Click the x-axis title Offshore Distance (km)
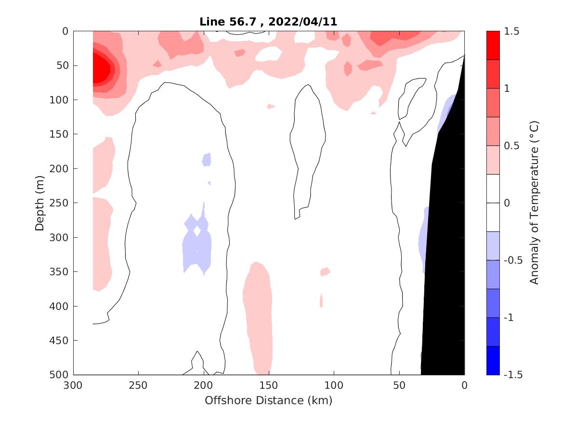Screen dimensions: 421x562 pyautogui.click(x=268, y=400)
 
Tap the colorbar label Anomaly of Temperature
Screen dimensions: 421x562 pyautogui.click(x=534, y=203)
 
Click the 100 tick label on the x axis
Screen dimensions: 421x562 pyautogui.click(x=334, y=386)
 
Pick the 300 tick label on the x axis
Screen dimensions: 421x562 pyautogui.click(x=73, y=386)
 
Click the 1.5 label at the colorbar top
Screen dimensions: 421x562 pyautogui.click(x=512, y=32)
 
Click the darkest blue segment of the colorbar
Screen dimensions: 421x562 pyautogui.click(x=493, y=360)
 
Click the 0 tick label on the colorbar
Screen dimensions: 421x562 pyautogui.click(x=508, y=203)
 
